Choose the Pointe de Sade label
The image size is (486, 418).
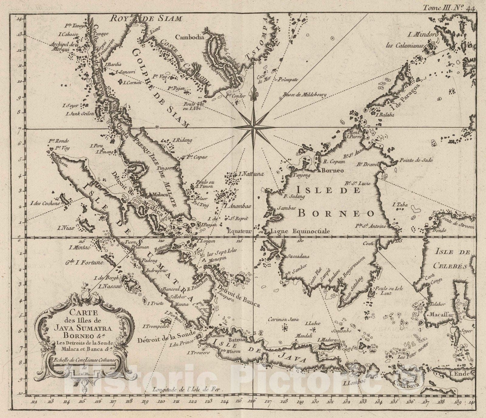[x=416, y=160]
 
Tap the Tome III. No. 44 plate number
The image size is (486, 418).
[x=449, y=8]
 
